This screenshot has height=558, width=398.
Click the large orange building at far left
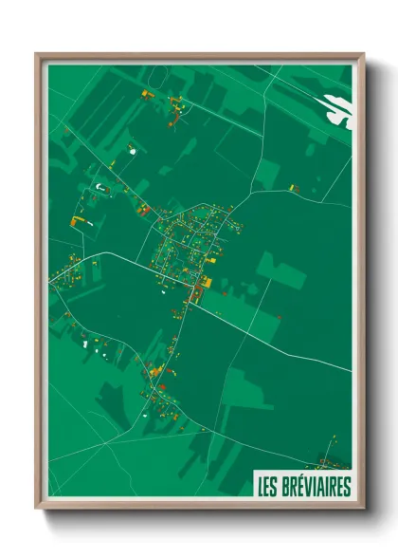[x=78, y=220]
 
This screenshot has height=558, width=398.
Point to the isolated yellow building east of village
[x=295, y=188]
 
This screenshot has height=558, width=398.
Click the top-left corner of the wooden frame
[x=37, y=54]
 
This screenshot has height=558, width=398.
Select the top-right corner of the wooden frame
[x=364, y=54]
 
